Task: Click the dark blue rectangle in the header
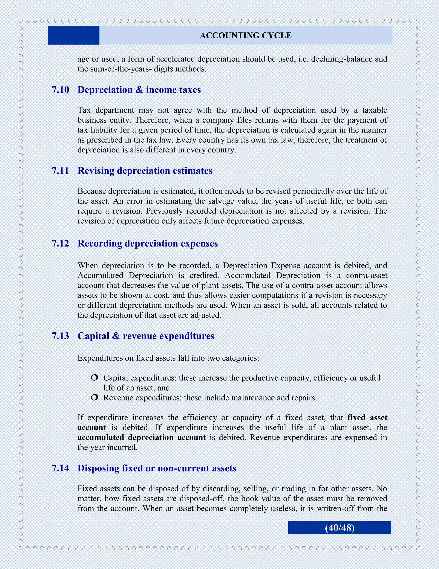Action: pyautogui.click(x=74, y=35)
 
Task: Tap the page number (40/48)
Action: pyautogui.click(x=340, y=528)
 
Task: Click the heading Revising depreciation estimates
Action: pyautogui.click(x=145, y=171)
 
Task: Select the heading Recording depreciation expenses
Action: pyautogui.click(x=148, y=243)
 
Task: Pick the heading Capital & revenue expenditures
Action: pyautogui.click(x=146, y=336)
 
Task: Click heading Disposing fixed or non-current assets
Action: pyautogui.click(x=157, y=468)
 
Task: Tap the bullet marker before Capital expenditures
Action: pyautogui.click(x=95, y=377)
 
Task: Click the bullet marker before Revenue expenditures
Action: pyautogui.click(x=95, y=397)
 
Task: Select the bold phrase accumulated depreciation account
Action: pyautogui.click(x=142, y=437)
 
